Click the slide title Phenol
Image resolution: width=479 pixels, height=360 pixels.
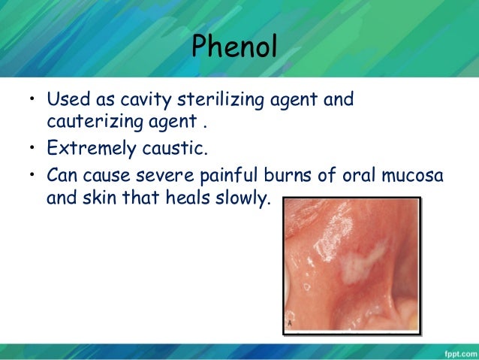234,48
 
